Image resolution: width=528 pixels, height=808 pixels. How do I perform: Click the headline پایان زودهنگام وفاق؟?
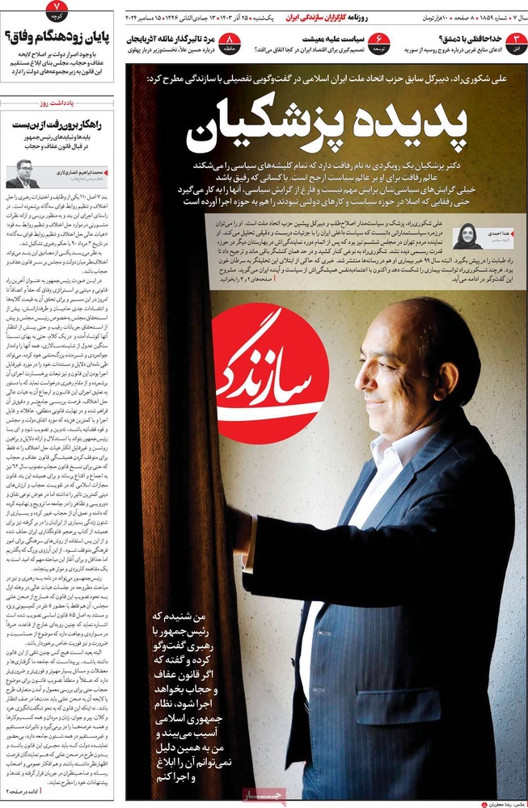[59, 36]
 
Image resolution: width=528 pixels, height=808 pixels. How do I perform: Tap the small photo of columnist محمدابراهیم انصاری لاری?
[23, 173]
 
